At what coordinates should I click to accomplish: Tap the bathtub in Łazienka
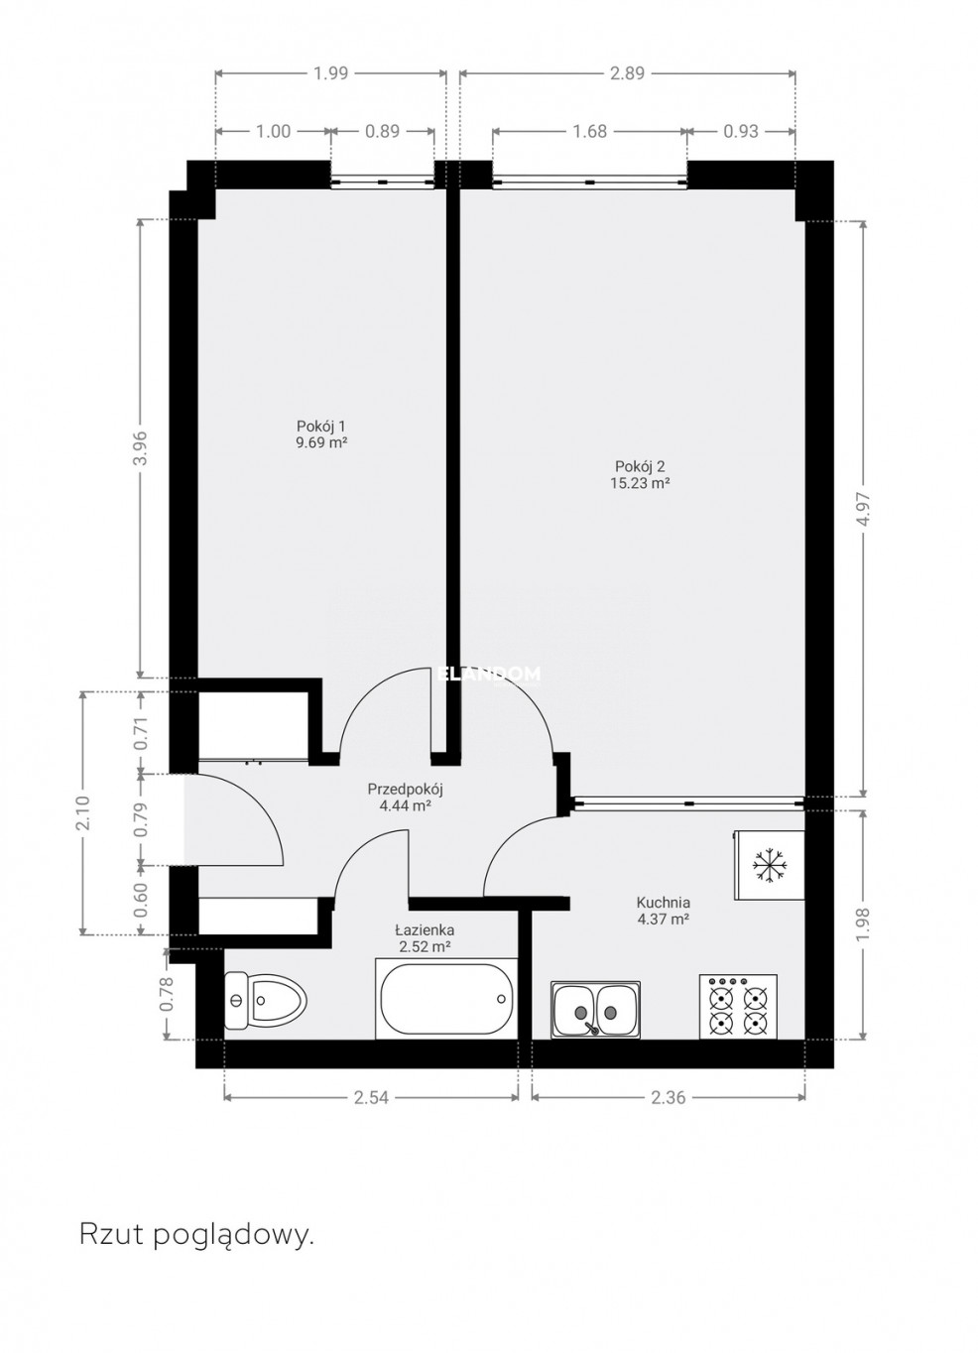pos(446,999)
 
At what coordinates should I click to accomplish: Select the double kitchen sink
pos(595,1010)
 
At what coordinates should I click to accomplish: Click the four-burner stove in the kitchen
pos(738,1006)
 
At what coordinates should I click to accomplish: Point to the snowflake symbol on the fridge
pos(770,866)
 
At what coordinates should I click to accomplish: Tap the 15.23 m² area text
pos(642,483)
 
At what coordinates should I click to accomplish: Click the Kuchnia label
pos(663,903)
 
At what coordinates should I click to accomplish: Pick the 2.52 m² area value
pos(425,946)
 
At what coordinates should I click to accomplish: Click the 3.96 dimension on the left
pos(140,448)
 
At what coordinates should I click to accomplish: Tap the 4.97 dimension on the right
pos(865,509)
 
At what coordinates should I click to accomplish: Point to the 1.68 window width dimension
pos(589,131)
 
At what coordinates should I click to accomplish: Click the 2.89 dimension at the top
pos(627,73)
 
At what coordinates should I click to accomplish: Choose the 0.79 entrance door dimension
pos(140,819)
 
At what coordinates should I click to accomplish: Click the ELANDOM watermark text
pos(488,675)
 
